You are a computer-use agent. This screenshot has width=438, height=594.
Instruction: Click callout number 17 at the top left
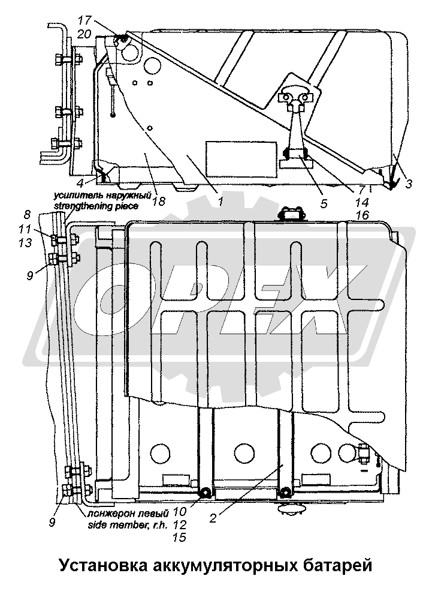pyautogui.click(x=85, y=20)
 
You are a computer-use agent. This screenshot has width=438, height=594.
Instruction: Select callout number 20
pyautogui.click(x=84, y=34)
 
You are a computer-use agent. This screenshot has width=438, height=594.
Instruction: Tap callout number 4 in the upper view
pyautogui.click(x=80, y=182)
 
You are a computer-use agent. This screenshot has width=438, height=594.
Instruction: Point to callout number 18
pyautogui.click(x=159, y=201)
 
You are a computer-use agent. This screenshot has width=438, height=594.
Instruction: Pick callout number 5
pyautogui.click(x=324, y=203)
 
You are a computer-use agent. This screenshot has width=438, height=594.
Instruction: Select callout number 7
pyautogui.click(x=362, y=190)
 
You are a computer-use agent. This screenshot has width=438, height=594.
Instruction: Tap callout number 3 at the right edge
pyautogui.click(x=408, y=184)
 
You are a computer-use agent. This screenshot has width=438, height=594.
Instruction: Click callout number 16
pyautogui.click(x=362, y=215)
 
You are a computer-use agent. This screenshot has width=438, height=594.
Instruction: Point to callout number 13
pyautogui.click(x=25, y=242)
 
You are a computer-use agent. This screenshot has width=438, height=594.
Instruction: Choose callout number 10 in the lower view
pyautogui.click(x=180, y=512)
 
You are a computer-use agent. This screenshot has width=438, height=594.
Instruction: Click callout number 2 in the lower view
pyautogui.click(x=213, y=518)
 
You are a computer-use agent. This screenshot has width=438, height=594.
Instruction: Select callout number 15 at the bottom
pyautogui.click(x=180, y=537)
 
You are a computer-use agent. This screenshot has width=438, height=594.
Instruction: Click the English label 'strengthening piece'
pyautogui.click(x=96, y=206)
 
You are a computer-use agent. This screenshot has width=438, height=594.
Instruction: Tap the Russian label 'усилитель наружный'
pyautogui.click(x=102, y=196)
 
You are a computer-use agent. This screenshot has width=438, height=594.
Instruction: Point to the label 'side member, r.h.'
pyautogui.click(x=128, y=525)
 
